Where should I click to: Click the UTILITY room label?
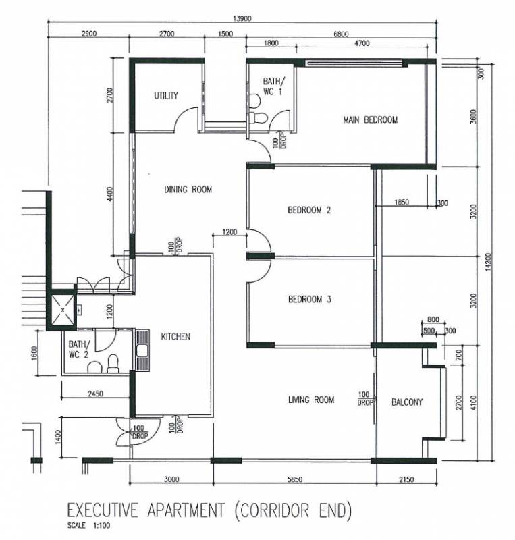point(166,95)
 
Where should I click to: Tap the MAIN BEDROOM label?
point(371,120)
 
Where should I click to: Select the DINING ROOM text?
point(188,189)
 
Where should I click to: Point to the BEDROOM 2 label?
point(309,210)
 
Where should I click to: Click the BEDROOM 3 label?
point(309,299)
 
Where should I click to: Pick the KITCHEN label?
point(175,336)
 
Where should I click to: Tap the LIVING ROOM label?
point(311,400)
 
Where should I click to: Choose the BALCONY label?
point(407,402)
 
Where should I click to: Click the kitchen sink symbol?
point(142,350)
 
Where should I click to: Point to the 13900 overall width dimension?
point(242,18)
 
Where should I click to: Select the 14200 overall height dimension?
point(489,262)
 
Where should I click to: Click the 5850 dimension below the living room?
point(295,479)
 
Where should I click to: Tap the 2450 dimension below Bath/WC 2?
point(95,394)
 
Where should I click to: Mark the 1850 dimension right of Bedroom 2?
point(402,202)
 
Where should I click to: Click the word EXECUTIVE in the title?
point(103,510)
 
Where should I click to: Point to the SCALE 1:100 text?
point(89,526)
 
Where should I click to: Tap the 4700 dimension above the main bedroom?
point(362,43)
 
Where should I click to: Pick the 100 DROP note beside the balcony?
point(366,398)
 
